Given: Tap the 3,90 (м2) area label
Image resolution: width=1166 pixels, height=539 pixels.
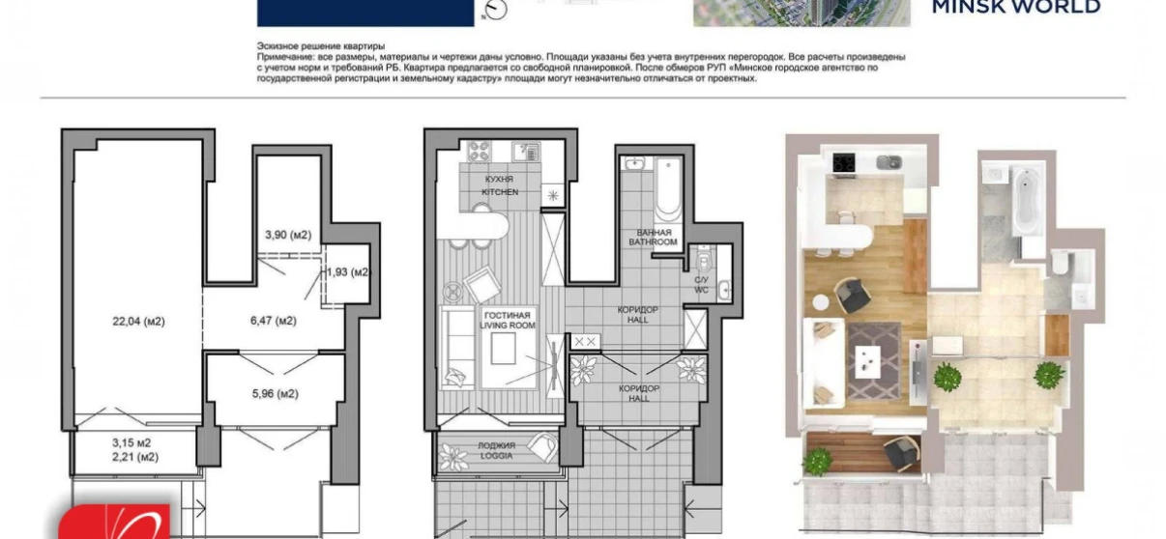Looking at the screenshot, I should [288, 235].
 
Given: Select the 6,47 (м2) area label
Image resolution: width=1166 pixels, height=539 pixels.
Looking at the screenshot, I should [274, 321].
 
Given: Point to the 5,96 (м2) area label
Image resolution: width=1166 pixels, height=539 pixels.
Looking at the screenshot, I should [274, 393].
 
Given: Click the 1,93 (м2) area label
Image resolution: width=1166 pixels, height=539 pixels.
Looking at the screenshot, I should [347, 272].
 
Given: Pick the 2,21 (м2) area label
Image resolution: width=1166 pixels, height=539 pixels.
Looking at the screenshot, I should [134, 457].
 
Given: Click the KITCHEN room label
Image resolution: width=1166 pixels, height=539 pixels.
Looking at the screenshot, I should [500, 192].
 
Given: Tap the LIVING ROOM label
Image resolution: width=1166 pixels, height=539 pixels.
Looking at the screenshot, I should [506, 326].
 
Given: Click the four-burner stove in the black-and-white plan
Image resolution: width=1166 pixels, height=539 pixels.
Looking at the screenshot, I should [479, 151].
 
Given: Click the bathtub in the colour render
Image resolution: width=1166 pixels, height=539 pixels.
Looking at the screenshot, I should [1024, 201].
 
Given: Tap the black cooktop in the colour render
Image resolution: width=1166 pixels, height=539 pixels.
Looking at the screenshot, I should [843, 161].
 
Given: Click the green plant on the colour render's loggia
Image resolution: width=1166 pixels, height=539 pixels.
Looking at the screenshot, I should [817, 461].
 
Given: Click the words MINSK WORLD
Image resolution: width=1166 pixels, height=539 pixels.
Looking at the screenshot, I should [1015, 8].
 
